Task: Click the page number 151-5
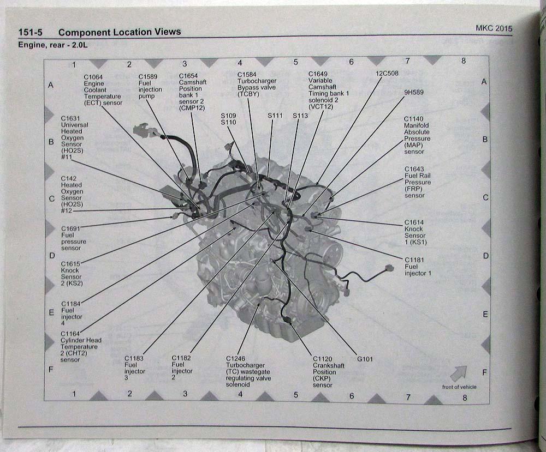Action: tap(30, 32)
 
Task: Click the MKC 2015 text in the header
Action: tap(494, 28)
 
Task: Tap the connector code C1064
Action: tap(93, 77)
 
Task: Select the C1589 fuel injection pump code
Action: tap(147, 76)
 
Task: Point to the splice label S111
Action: tap(275, 116)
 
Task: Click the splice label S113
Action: tap(300, 116)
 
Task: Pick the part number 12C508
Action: tap(387, 74)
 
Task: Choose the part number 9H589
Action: tap(414, 93)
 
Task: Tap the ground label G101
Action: tap(365, 359)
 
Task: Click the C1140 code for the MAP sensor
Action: tap(413, 119)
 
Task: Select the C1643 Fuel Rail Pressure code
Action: tap(414, 169)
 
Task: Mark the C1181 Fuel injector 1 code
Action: tap(414, 260)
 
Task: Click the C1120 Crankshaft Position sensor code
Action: tap(323, 359)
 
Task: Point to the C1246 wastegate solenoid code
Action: tap(235, 358)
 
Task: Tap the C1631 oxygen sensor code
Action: tap(70, 118)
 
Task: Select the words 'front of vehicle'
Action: tap(459, 387)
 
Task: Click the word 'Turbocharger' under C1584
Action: tap(257, 81)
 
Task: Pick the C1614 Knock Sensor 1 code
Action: tap(414, 222)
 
